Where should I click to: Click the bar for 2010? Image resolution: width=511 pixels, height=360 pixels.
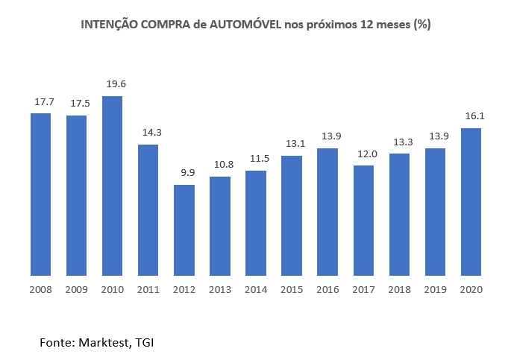click(112, 186)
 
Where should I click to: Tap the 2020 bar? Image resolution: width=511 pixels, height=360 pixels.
click(471, 201)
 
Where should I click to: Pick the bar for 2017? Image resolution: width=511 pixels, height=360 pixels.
click(363, 220)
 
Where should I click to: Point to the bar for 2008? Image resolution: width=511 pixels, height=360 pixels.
click(40, 194)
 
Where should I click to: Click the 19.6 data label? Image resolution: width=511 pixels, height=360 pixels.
click(112, 84)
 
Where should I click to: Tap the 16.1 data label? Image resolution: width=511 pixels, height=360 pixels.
click(471, 116)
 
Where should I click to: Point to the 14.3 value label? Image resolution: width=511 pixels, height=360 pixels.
click(148, 133)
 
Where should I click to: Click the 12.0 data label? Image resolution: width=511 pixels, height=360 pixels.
click(363, 154)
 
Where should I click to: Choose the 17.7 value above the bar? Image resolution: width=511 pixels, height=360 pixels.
click(40, 101)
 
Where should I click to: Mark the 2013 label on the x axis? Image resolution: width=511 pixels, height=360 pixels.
click(219, 290)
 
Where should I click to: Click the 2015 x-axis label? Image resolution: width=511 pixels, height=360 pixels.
click(292, 290)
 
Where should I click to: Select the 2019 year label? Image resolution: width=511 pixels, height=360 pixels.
click(435, 290)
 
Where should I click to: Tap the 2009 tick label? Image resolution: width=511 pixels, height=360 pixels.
click(76, 290)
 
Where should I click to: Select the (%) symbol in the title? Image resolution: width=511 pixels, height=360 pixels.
click(422, 25)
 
